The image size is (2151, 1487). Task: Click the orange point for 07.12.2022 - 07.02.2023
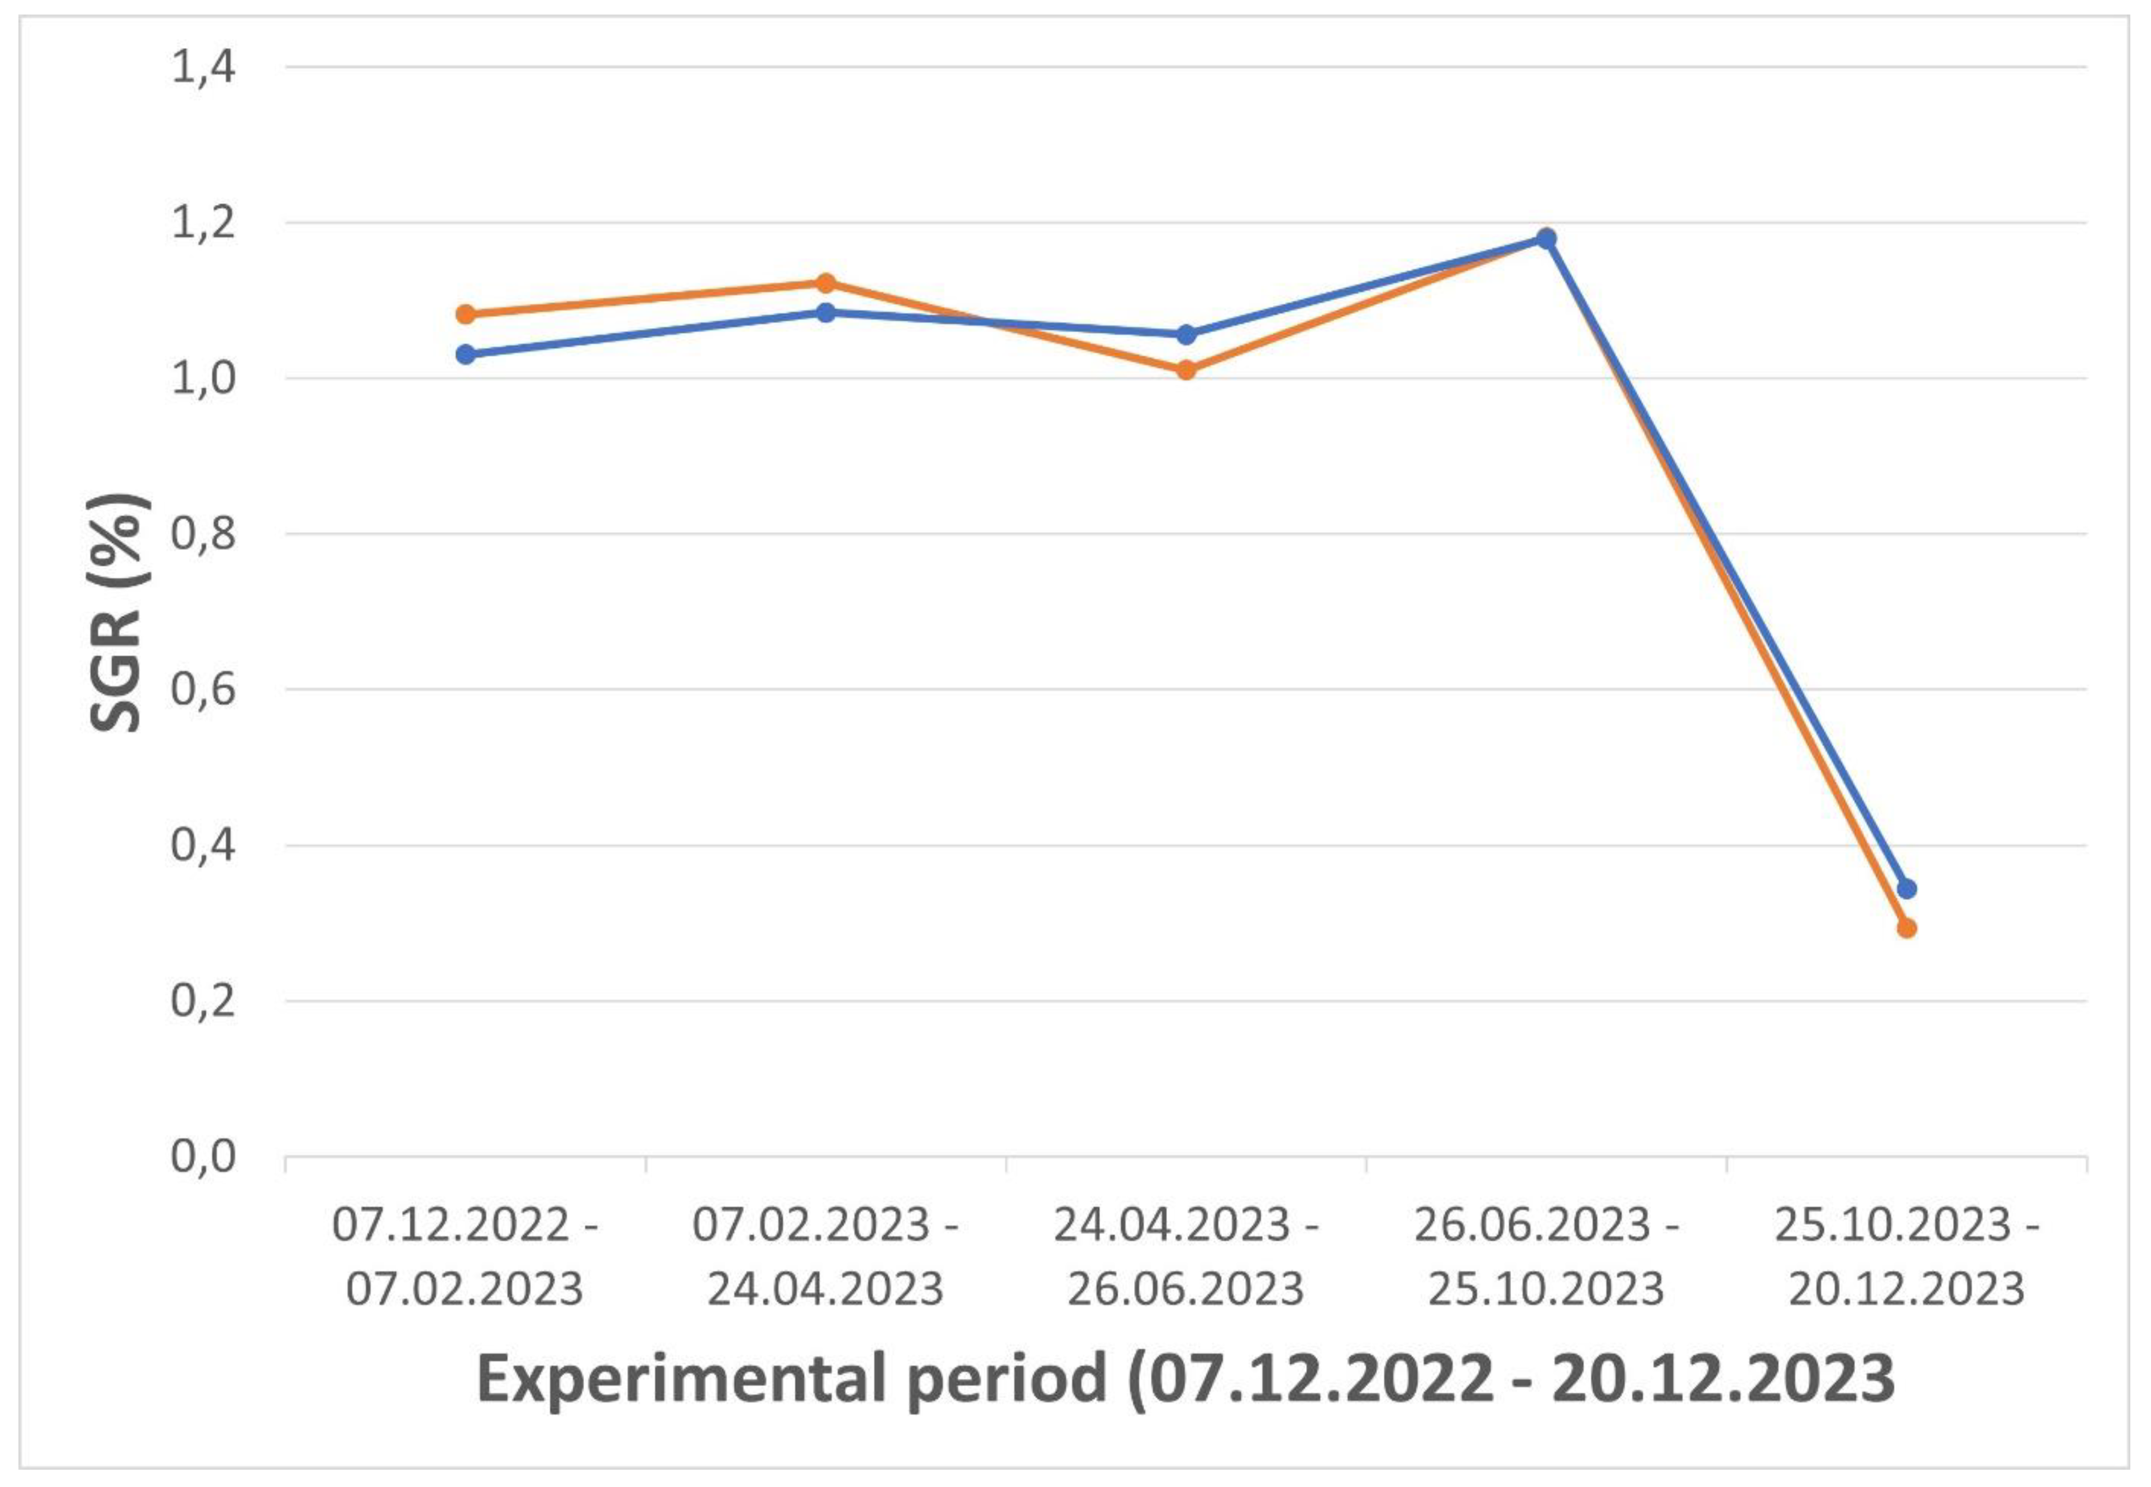pyautogui.click(x=465, y=314)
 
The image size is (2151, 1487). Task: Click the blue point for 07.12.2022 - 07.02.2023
pyautogui.click(x=465, y=354)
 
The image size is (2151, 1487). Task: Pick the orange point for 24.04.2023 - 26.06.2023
pyautogui.click(x=1186, y=370)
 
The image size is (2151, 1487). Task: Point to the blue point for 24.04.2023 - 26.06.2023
pyautogui.click(x=1186, y=334)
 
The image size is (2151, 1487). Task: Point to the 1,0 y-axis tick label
pyautogui.click(x=203, y=379)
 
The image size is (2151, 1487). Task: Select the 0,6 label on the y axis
pyautogui.click(x=203, y=690)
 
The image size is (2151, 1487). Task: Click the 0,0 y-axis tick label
pyautogui.click(x=203, y=1157)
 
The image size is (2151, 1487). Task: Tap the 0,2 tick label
pyautogui.click(x=203, y=1001)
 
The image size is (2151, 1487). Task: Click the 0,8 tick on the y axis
pyautogui.click(x=203, y=535)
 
